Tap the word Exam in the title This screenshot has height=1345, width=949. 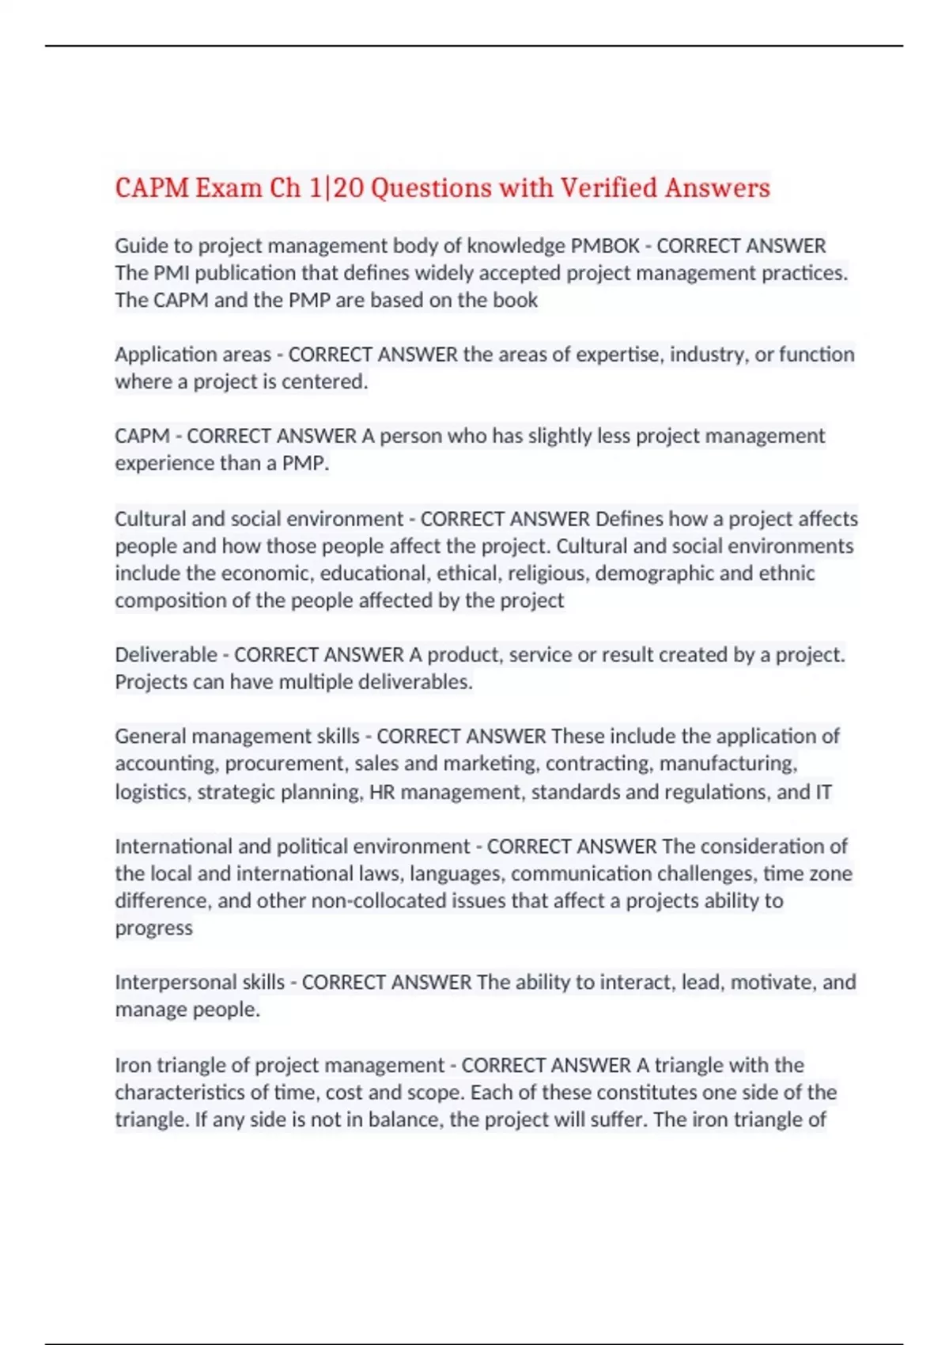point(229,188)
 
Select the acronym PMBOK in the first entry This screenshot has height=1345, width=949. point(605,246)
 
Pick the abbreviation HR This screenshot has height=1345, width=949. point(382,792)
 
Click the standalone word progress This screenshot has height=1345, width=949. point(153,928)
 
